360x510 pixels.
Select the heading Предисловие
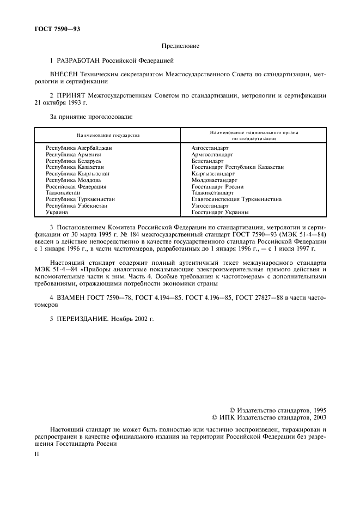(180, 46)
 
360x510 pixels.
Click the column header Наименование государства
(108, 135)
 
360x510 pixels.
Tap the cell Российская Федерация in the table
(76, 186)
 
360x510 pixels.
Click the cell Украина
(58, 212)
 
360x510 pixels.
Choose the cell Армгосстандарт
(212, 154)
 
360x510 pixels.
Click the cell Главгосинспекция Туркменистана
(236, 199)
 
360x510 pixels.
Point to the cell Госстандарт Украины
(220, 212)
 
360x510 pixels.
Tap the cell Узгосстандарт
(210, 206)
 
